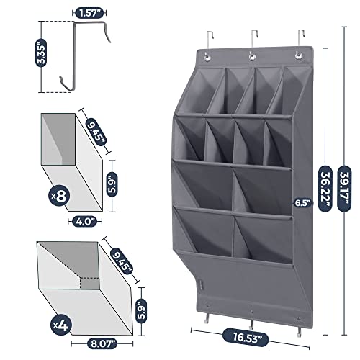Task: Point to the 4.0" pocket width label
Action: pyautogui.click(x=85, y=222)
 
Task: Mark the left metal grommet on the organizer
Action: pyautogui.click(x=207, y=57)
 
